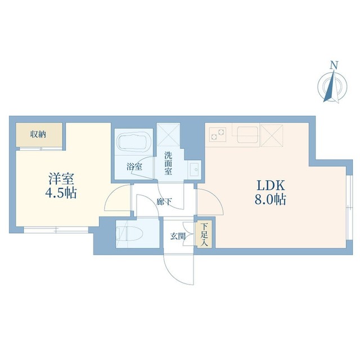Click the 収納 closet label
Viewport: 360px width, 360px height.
(x=38, y=134)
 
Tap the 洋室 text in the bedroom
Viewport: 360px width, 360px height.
(x=61, y=179)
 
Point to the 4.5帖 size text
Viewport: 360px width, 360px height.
(x=61, y=193)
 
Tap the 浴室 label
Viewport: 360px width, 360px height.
(x=134, y=167)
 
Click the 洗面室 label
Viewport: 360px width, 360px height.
(x=168, y=163)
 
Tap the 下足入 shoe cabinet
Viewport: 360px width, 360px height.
(x=204, y=235)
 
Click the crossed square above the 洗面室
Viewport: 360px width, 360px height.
(x=168, y=134)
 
